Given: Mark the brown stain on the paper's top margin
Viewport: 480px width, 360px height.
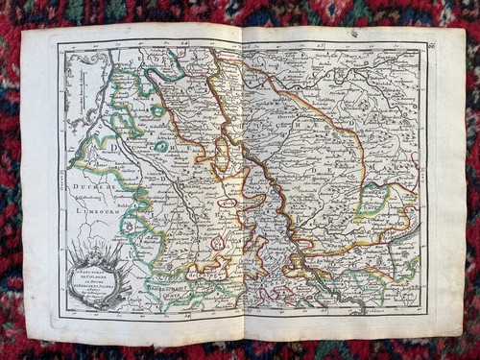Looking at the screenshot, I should click(x=353, y=34).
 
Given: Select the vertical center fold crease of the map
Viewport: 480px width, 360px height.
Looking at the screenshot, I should click(x=242, y=182).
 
